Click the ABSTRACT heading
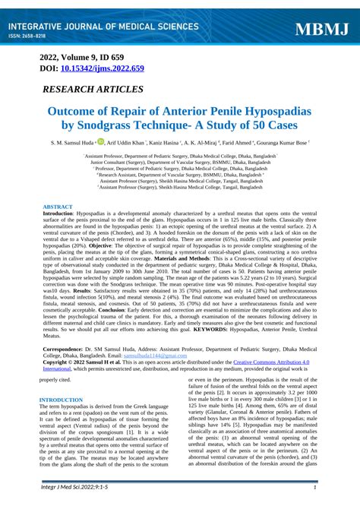[x=58, y=207]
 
